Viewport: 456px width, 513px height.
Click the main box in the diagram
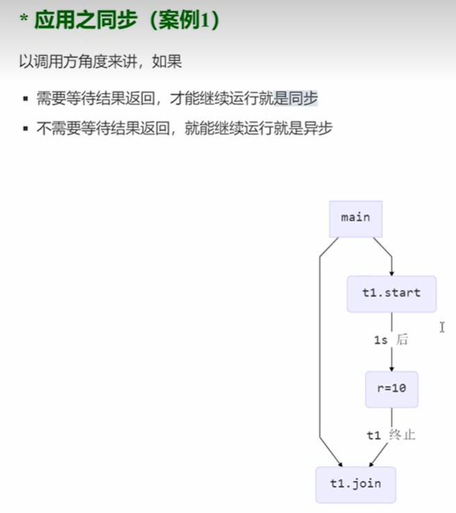click(355, 218)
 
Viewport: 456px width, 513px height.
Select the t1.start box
click(391, 293)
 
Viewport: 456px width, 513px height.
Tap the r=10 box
click(391, 389)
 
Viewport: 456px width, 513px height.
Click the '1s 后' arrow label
click(391, 341)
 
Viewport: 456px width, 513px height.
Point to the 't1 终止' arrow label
click(391, 436)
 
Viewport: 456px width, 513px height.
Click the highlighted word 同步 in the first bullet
click(303, 99)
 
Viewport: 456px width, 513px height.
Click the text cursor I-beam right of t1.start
click(442, 327)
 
